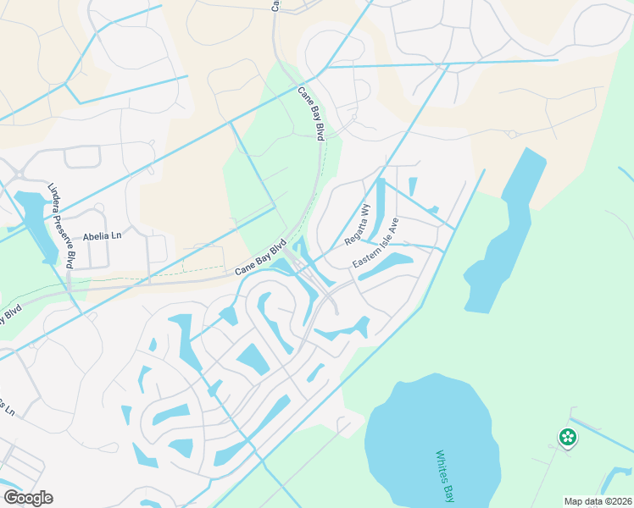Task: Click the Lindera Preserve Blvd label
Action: [x=60, y=226]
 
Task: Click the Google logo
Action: [x=28, y=498]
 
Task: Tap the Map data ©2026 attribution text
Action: [x=598, y=501]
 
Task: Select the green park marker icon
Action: [x=568, y=438]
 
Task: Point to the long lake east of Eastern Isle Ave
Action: [x=504, y=229]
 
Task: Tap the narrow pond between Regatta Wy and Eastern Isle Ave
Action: [x=381, y=207]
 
